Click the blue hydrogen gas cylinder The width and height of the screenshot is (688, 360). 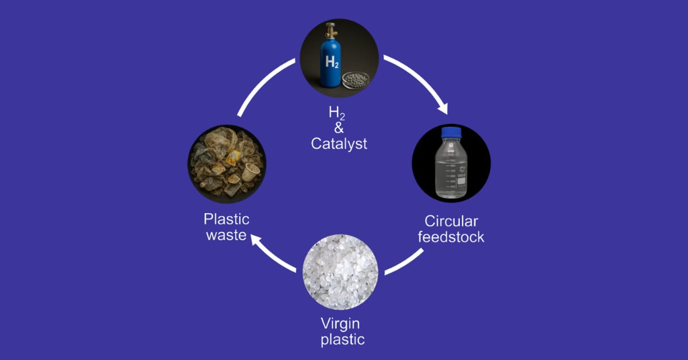tap(331, 63)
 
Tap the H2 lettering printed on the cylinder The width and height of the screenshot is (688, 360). tap(331, 62)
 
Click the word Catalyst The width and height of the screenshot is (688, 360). tap(339, 143)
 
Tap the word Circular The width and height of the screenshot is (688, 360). tap(451, 221)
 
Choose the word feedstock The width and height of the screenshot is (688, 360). tap(451, 237)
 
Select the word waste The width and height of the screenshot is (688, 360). tap(226, 235)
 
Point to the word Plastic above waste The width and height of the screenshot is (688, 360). tap(226, 220)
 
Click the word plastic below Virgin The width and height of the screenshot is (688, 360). tap(342, 339)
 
